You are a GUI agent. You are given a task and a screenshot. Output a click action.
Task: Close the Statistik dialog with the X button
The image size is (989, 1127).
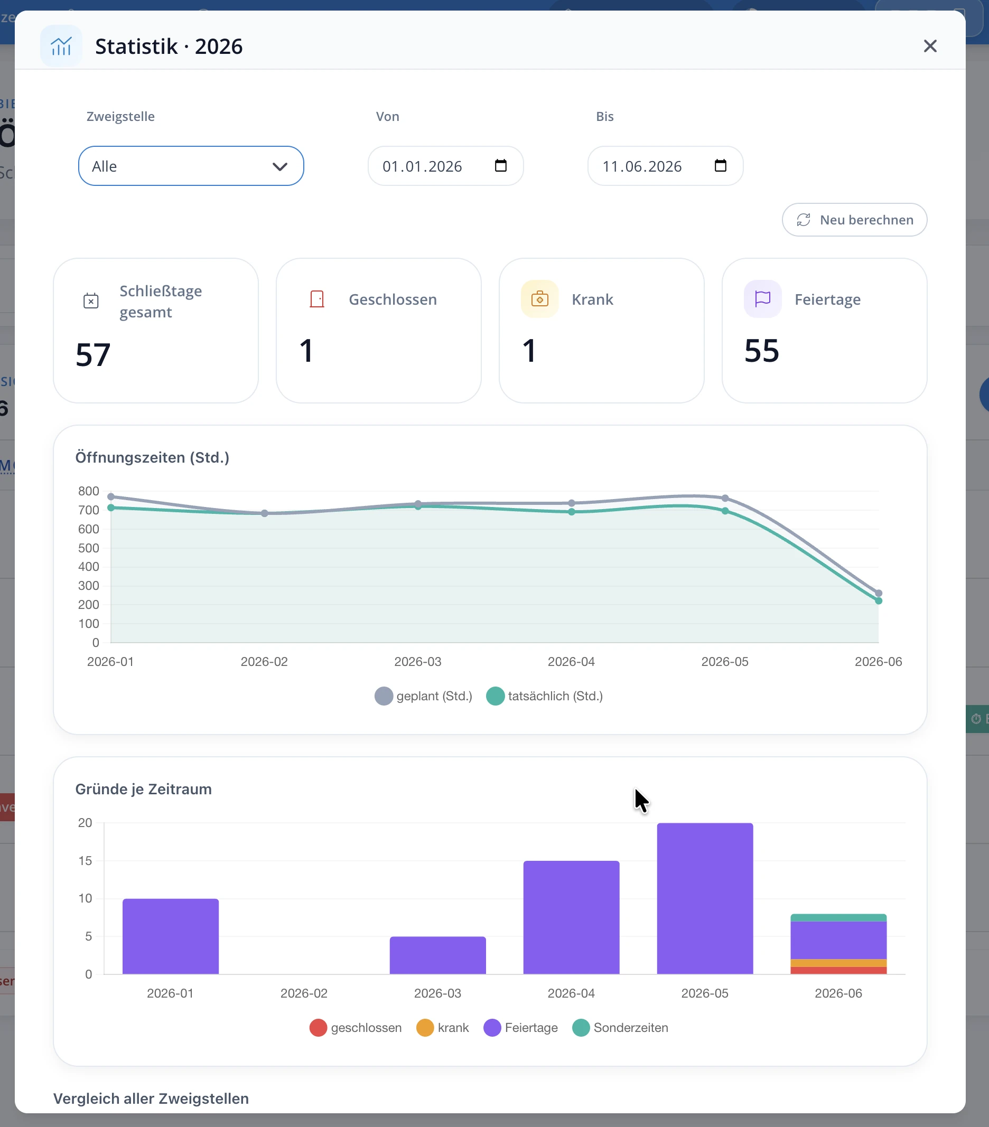coord(930,46)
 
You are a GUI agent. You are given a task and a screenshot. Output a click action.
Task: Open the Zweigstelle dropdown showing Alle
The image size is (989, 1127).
coord(191,166)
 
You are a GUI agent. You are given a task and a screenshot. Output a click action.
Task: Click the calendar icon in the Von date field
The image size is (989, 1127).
coord(500,165)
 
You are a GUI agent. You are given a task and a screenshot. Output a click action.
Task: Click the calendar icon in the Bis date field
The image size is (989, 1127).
coord(721,165)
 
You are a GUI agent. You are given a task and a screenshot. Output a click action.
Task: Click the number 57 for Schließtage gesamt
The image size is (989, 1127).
coord(93,354)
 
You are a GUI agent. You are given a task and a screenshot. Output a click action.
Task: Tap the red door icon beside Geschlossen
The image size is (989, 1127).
coord(317,299)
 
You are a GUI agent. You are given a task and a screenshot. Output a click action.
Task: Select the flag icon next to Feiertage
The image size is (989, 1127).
coord(762,299)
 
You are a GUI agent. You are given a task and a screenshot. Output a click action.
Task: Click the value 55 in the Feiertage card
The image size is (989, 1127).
coord(762,351)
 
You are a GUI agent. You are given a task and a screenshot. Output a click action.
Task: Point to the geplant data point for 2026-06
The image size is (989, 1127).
coord(879,593)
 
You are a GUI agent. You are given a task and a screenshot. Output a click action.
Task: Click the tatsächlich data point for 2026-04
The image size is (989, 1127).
coord(572,512)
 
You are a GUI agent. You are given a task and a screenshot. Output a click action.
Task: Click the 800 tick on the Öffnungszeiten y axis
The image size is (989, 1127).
coord(88,491)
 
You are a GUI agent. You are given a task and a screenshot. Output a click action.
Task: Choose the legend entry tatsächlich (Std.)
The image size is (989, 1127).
coord(544,696)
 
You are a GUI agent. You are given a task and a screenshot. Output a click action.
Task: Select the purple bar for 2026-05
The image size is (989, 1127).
coord(705,898)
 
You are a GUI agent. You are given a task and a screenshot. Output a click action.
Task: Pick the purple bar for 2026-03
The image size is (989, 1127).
coord(437,955)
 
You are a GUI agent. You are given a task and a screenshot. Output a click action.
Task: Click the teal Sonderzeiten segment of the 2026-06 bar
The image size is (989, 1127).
coord(838,917)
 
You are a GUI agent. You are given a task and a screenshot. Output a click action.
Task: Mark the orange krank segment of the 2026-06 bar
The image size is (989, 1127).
coord(838,963)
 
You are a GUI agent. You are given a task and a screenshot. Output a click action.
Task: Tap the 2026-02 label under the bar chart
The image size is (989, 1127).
coord(304,993)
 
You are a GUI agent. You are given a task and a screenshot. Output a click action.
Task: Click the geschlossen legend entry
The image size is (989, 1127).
coord(356,1028)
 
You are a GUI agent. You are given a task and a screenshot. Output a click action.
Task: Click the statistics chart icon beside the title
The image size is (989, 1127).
coord(61,46)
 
